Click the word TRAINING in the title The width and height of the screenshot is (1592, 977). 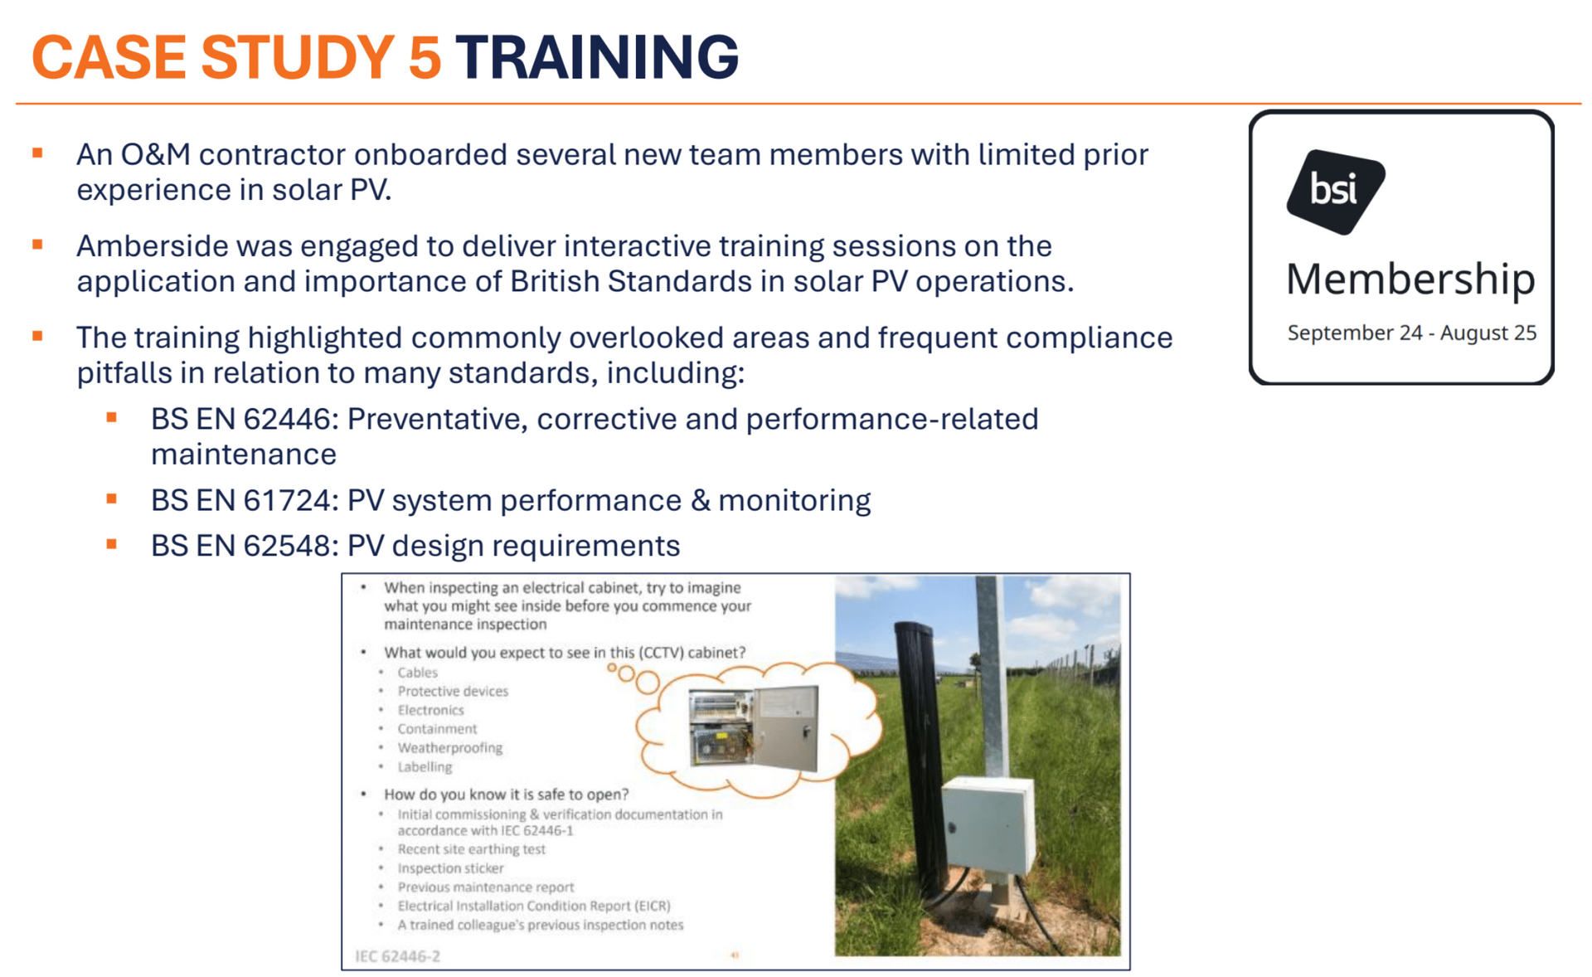(596, 57)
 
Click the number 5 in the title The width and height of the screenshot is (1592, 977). (425, 57)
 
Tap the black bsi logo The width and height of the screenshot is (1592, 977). (1335, 192)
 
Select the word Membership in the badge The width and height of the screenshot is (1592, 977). (1410, 279)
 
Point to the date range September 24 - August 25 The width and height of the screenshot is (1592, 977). (1411, 333)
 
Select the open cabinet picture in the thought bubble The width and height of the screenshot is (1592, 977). (754, 727)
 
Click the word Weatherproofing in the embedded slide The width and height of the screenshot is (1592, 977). (449, 747)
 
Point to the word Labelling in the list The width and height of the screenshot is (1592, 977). (425, 766)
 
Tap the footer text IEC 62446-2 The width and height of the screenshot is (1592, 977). (397, 956)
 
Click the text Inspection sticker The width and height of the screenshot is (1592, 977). (450, 868)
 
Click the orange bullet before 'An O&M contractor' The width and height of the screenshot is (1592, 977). (37, 153)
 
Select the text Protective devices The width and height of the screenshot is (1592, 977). (453, 691)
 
